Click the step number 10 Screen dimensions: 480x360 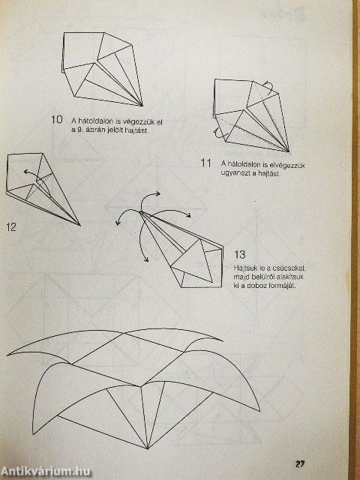point(57,119)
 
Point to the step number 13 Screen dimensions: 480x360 point(240,254)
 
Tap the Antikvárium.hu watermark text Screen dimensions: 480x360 point(46,470)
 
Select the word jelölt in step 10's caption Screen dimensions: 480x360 point(115,130)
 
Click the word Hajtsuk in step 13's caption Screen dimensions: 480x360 point(245,267)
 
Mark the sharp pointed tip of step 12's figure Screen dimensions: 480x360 point(79,223)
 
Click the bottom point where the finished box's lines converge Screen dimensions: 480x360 point(147,448)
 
